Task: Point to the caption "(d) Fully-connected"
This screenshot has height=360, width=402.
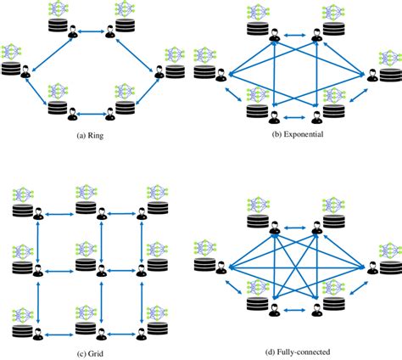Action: pyautogui.click(x=298, y=349)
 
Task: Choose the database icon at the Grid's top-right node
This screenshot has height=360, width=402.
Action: pyautogui.click(x=155, y=209)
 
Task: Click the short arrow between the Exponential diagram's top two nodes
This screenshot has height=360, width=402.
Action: pyautogui.click(x=296, y=36)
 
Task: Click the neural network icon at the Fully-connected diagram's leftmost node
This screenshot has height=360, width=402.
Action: pyautogui.click(x=204, y=246)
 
